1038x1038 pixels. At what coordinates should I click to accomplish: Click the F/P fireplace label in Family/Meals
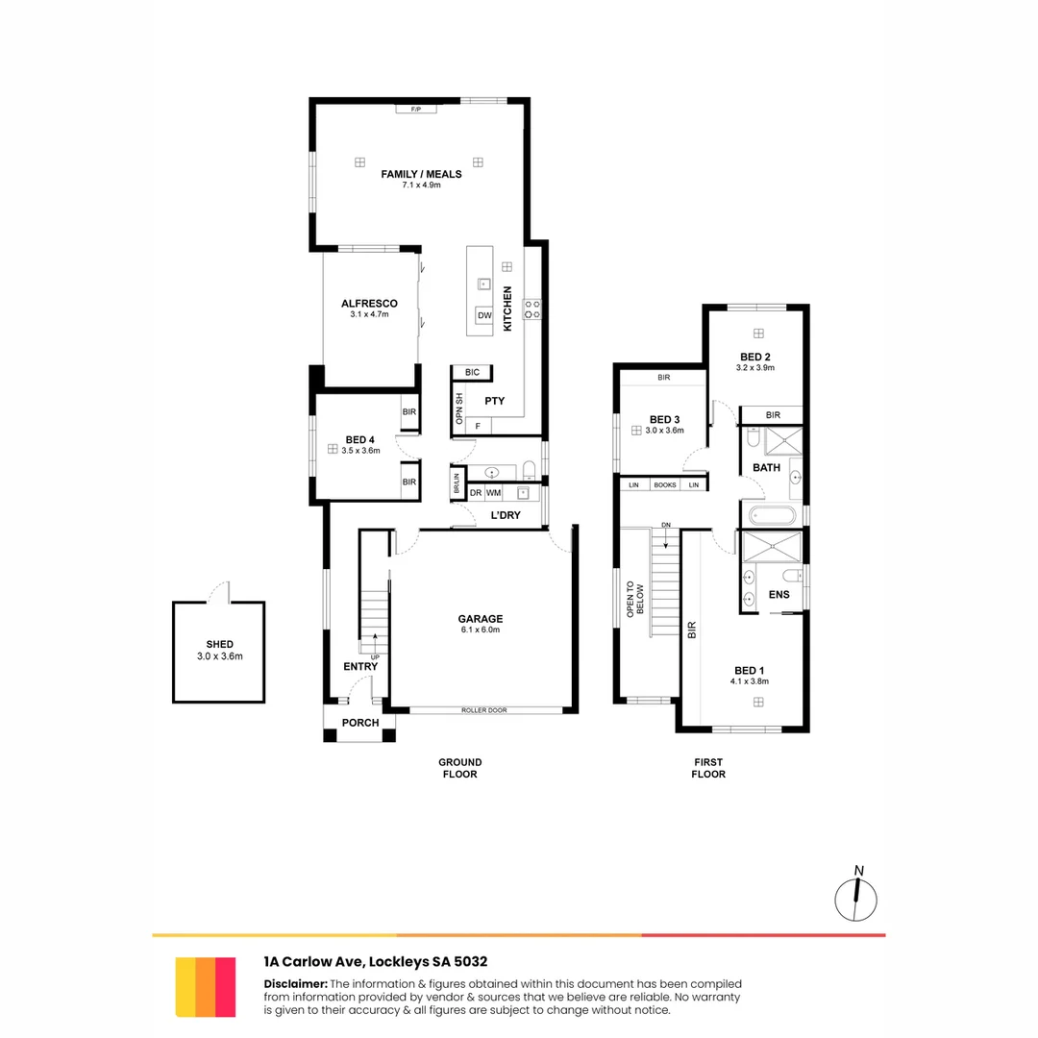416,110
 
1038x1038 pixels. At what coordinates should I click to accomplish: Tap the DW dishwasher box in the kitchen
483,315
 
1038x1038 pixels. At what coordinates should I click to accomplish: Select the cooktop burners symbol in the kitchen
531,309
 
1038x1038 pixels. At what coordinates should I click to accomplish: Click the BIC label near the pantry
471,372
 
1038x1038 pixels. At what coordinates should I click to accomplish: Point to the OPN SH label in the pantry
459,408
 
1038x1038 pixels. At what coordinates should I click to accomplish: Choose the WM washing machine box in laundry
493,493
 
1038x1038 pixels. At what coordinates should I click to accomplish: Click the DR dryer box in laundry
475,493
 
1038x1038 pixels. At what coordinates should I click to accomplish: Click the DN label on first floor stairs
665,526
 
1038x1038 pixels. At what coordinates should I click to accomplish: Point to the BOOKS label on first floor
665,485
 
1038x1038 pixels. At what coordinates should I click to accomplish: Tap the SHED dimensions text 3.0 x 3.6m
219,657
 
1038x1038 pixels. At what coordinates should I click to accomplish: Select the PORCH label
360,723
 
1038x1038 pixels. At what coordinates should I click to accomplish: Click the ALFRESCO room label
369,304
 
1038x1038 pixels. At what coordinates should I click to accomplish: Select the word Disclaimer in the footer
296,984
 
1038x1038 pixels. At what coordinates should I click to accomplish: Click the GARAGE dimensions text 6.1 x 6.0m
481,630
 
